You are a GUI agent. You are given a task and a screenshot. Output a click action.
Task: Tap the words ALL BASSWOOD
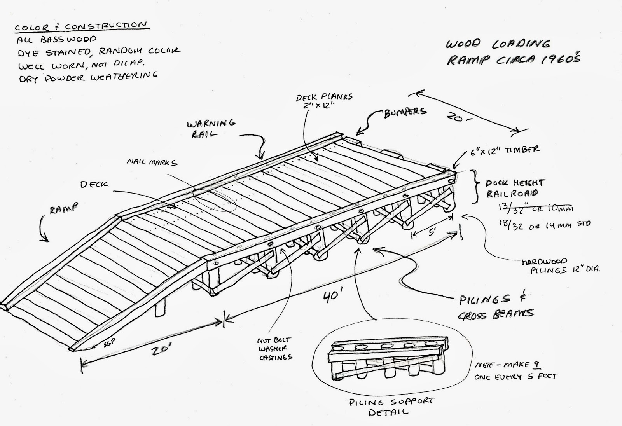[x=56, y=40]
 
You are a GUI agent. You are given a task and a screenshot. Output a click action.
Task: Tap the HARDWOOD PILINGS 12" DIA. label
[x=561, y=266]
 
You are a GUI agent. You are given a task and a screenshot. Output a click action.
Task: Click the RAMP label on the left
[x=63, y=209]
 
